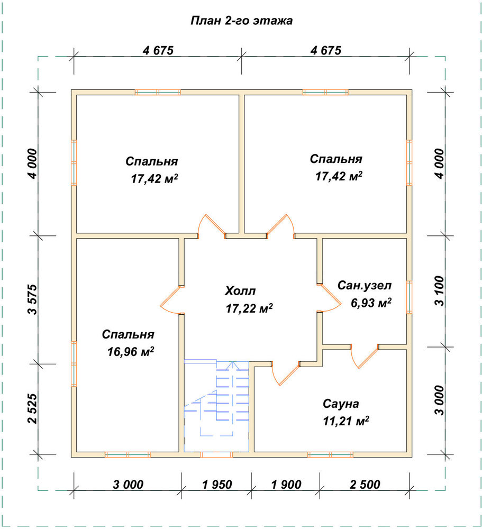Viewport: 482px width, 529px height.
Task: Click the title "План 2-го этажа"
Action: (x=242, y=21)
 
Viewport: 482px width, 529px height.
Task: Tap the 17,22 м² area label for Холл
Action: (x=249, y=308)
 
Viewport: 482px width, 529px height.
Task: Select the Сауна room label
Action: (x=341, y=404)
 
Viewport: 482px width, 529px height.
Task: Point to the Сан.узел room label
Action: (x=365, y=286)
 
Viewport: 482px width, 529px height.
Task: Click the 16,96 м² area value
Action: (x=131, y=352)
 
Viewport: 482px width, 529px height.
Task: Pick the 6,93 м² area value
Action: (x=371, y=303)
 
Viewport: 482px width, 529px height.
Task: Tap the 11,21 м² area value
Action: (x=346, y=421)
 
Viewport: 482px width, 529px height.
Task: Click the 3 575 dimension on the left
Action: (x=33, y=299)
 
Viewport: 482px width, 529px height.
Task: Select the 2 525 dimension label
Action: (x=33, y=408)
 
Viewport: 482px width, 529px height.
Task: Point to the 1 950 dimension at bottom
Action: (x=217, y=485)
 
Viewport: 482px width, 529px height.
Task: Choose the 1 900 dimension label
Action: (x=286, y=485)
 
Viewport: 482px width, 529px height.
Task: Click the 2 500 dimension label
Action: (x=365, y=485)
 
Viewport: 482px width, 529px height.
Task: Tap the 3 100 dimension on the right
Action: (x=440, y=291)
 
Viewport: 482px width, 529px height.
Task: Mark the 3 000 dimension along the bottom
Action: (x=128, y=485)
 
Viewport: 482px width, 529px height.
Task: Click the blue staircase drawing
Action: (x=217, y=406)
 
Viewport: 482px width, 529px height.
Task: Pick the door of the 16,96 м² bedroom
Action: (x=172, y=300)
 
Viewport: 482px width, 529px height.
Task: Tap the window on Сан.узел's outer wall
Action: (x=409, y=297)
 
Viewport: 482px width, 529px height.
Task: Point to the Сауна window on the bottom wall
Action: (x=331, y=455)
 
